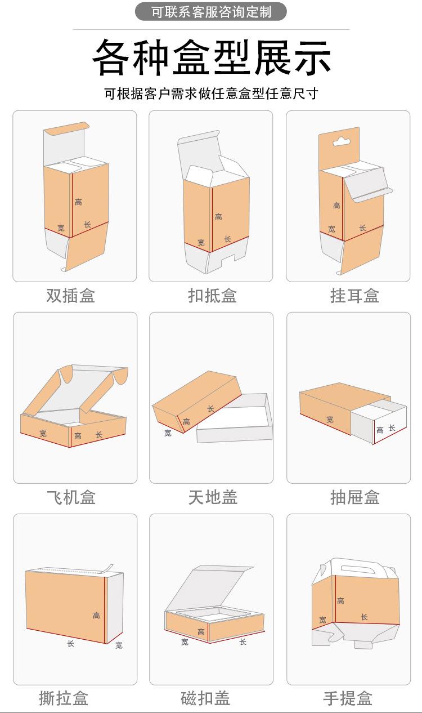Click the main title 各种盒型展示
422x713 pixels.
click(211, 57)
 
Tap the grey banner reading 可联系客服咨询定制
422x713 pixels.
click(211, 12)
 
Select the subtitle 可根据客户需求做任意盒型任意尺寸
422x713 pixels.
click(211, 93)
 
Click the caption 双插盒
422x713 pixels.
click(70, 295)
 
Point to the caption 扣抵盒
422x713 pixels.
click(212, 295)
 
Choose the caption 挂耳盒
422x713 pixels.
click(354, 295)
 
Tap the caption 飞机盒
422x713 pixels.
click(71, 497)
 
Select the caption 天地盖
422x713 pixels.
click(213, 497)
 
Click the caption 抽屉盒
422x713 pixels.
click(354, 497)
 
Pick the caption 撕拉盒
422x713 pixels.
click(64, 698)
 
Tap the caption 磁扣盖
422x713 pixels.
click(205, 698)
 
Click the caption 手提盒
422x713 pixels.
click(348, 698)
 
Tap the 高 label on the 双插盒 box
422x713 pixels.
click(78, 202)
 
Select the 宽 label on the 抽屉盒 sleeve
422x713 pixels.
click(330, 419)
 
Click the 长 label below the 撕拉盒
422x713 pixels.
click(70, 643)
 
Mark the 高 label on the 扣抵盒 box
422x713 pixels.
click(218, 216)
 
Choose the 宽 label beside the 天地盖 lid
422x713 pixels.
click(168, 433)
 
